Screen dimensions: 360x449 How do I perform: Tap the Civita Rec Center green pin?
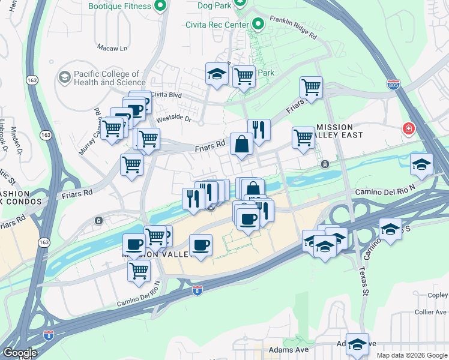[258, 23]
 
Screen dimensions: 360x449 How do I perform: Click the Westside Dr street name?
[173, 119]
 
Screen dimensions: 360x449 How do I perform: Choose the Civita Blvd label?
[166, 94]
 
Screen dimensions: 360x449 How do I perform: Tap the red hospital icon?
[409, 129]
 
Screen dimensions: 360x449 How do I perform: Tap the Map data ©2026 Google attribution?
[412, 355]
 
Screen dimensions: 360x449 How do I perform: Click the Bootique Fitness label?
[119, 7]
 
